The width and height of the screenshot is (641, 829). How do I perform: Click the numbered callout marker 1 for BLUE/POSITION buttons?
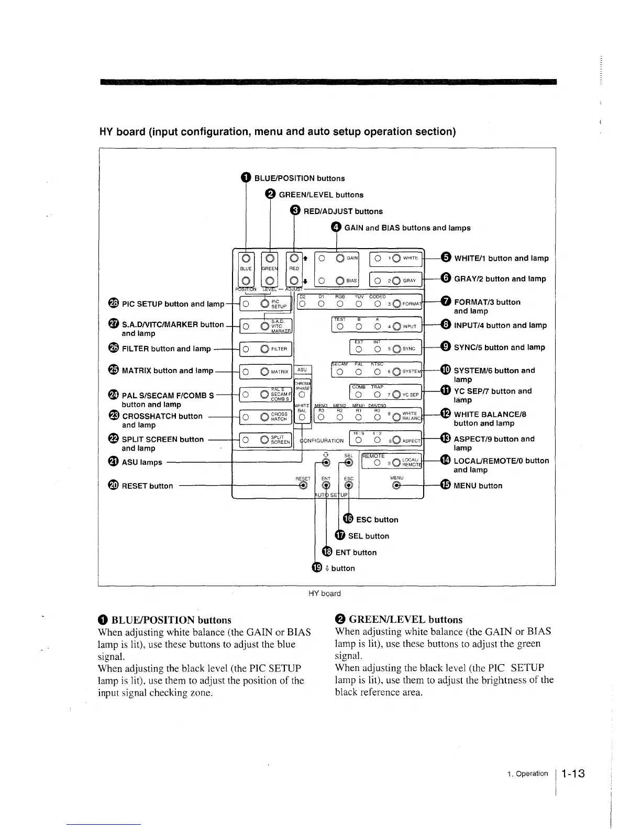click(x=246, y=178)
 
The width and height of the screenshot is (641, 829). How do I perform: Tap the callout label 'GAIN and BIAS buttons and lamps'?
click(x=407, y=228)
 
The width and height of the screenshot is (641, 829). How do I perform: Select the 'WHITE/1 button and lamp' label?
click(x=501, y=258)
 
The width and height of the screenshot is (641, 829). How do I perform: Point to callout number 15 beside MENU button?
click(x=446, y=485)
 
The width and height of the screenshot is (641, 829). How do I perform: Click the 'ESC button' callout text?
click(x=377, y=520)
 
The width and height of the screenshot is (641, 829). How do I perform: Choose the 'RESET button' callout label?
click(x=147, y=486)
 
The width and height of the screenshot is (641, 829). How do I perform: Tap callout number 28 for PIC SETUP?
click(x=114, y=304)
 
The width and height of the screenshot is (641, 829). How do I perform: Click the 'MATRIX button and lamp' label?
click(x=168, y=371)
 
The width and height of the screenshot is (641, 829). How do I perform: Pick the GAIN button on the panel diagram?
click(x=340, y=258)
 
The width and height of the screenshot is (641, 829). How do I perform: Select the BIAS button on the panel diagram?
click(x=340, y=280)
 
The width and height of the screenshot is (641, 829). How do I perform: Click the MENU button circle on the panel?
click(x=396, y=486)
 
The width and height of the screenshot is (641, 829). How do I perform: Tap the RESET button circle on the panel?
click(x=303, y=486)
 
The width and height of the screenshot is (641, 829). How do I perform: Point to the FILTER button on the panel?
click(x=264, y=349)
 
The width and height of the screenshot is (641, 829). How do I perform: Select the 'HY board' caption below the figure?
click(x=324, y=593)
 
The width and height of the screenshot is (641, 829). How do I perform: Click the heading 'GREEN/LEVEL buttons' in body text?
click(x=405, y=620)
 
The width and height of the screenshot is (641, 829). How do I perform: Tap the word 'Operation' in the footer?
click(x=532, y=774)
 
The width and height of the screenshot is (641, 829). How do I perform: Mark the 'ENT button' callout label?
click(x=356, y=552)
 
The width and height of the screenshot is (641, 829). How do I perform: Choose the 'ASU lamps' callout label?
click(x=142, y=462)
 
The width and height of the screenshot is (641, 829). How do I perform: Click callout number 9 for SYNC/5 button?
click(x=446, y=346)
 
